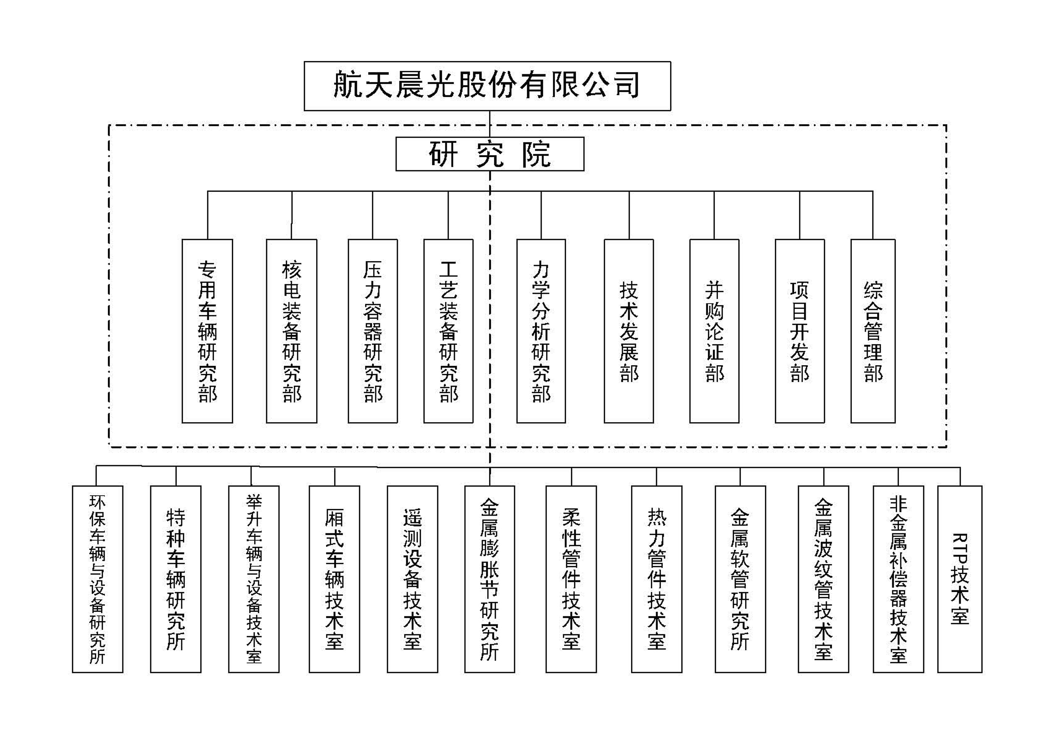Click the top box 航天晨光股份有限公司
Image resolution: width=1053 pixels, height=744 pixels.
point(487,86)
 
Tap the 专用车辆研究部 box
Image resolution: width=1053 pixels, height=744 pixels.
point(207,331)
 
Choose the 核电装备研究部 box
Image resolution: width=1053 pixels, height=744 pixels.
point(292,331)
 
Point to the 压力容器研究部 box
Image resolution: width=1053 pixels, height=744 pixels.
point(373,331)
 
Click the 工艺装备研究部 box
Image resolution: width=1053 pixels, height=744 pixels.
point(448,331)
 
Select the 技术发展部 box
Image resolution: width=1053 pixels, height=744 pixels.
point(629,331)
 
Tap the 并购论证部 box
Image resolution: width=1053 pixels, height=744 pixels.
point(714,331)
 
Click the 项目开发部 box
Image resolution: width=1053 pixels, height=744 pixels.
point(799,331)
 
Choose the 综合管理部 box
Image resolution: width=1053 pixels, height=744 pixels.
point(873,331)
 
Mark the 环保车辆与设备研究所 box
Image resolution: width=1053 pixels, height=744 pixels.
point(98,579)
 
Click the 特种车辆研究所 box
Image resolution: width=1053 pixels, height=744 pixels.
point(176,579)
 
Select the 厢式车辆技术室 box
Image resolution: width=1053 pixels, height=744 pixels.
point(334,579)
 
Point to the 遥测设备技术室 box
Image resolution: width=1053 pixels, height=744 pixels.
point(412,579)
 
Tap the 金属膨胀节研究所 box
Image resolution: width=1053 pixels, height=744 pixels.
point(489,579)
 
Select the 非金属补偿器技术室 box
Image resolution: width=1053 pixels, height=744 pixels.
point(898,579)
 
